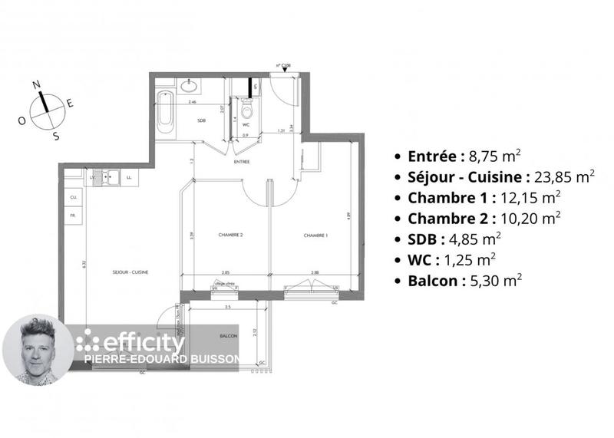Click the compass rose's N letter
tap(36, 85)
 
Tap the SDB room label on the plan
tap(202, 121)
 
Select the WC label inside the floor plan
tap(246, 123)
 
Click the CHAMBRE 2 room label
tap(230, 235)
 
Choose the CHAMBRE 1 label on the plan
tap(315, 235)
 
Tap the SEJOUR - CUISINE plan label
tap(130, 272)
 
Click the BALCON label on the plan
tap(228, 337)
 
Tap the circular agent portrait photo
tap(38, 350)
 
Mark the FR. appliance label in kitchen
tap(74, 216)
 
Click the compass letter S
tap(56, 136)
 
